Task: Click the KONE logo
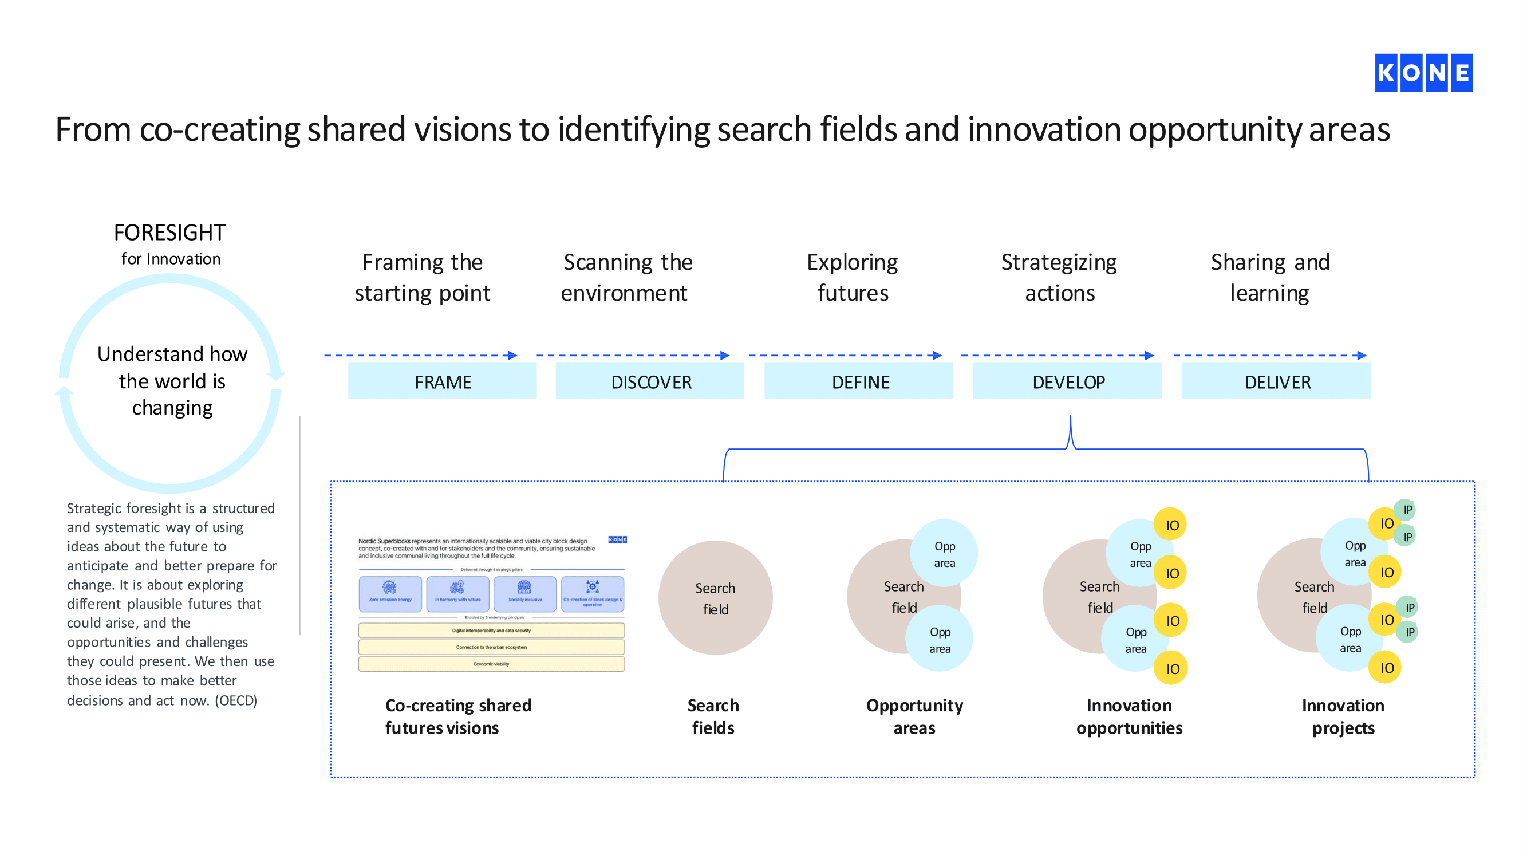click(x=1423, y=73)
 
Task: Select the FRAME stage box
click(x=442, y=382)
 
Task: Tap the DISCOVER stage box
click(x=650, y=382)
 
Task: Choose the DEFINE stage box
click(x=859, y=382)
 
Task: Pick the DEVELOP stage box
click(x=1068, y=382)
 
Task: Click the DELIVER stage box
click(x=1276, y=382)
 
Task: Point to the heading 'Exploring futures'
click(x=853, y=277)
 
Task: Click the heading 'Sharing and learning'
click(x=1270, y=277)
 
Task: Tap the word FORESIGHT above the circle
click(x=169, y=233)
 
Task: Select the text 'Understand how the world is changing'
click(x=172, y=381)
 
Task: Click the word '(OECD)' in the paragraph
click(x=236, y=700)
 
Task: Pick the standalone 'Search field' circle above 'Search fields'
click(x=716, y=597)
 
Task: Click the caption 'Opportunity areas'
click(x=914, y=716)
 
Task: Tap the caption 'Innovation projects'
click(x=1343, y=716)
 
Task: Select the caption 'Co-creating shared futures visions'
click(x=458, y=716)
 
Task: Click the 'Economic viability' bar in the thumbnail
click(x=491, y=664)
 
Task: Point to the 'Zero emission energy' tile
click(x=390, y=593)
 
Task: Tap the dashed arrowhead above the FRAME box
click(x=514, y=356)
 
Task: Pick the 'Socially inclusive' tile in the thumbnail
click(x=525, y=593)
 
